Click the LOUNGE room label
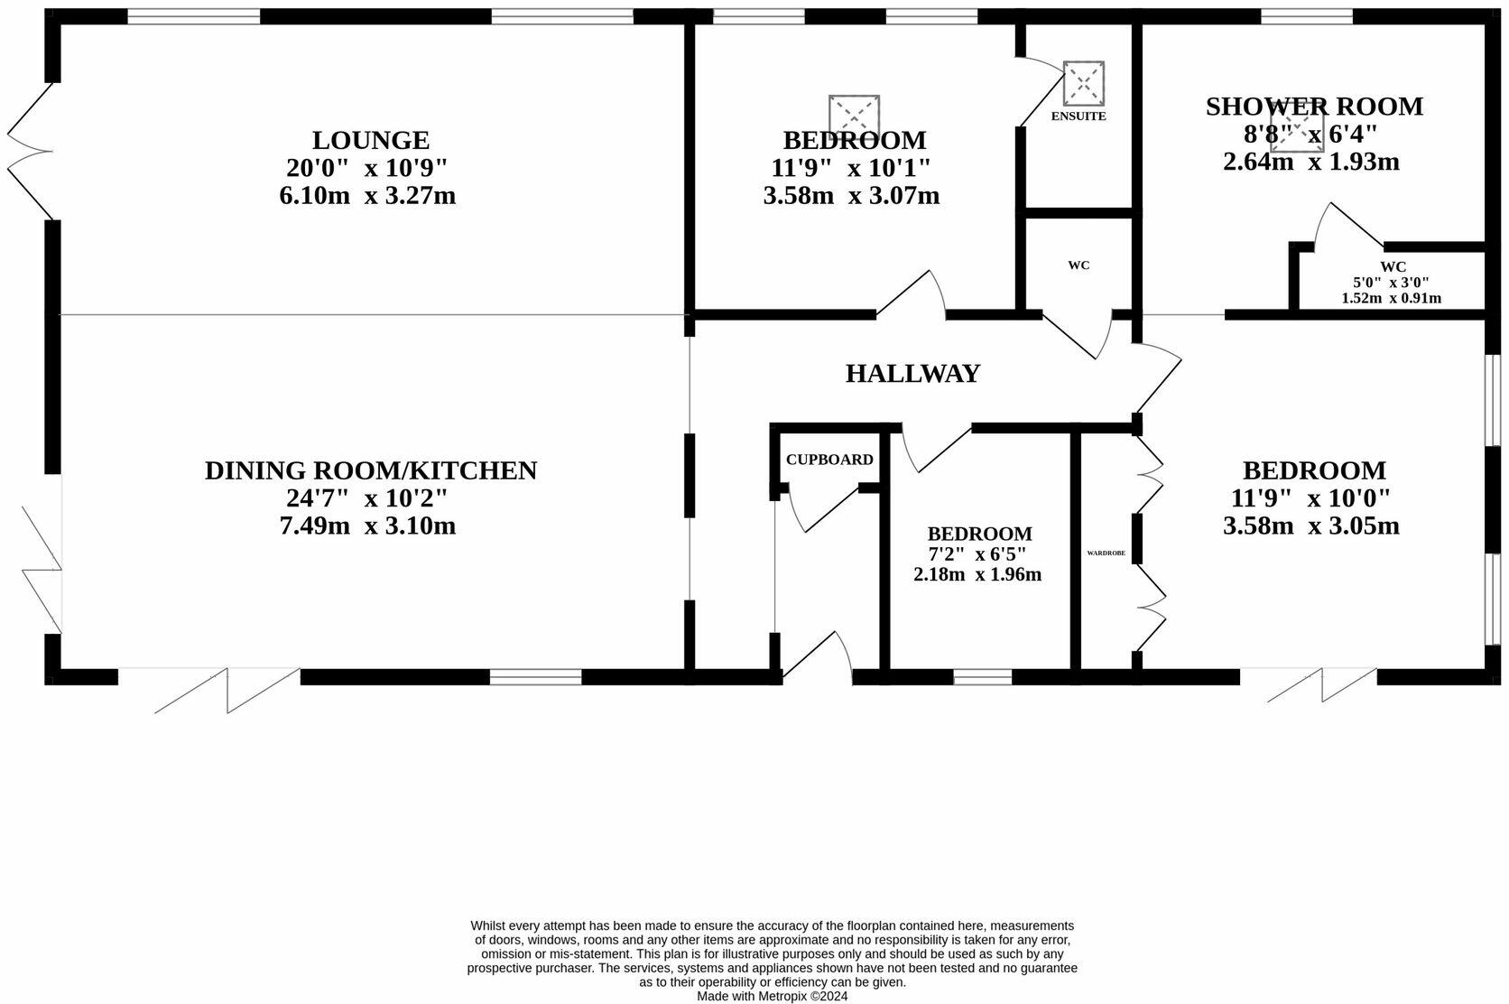click(x=370, y=140)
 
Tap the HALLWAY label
click(x=912, y=373)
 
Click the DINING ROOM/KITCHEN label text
click(x=370, y=470)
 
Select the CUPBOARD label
click(x=829, y=460)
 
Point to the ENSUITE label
click(x=1078, y=116)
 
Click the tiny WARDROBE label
click(x=1106, y=553)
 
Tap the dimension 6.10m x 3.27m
click(x=367, y=196)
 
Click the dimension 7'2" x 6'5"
click(x=977, y=553)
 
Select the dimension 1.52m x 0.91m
click(x=1391, y=298)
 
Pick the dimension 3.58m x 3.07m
click(x=851, y=196)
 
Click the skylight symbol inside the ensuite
click(x=1083, y=82)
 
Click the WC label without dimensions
click(x=1079, y=265)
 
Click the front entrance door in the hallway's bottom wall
click(x=818, y=655)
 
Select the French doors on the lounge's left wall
click(x=29, y=152)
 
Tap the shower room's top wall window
click(x=1306, y=16)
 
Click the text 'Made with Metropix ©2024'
click(x=772, y=996)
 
